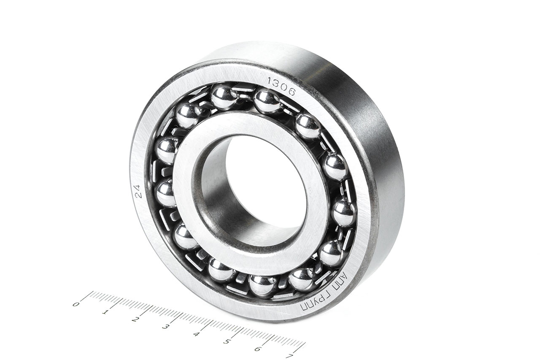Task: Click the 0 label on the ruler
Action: click(x=76, y=304)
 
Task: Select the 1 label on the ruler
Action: click(x=104, y=312)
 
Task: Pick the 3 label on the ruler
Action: click(x=165, y=327)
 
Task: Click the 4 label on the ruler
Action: click(x=196, y=334)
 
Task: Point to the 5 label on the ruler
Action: click(x=227, y=342)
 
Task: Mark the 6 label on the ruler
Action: click(x=258, y=349)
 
